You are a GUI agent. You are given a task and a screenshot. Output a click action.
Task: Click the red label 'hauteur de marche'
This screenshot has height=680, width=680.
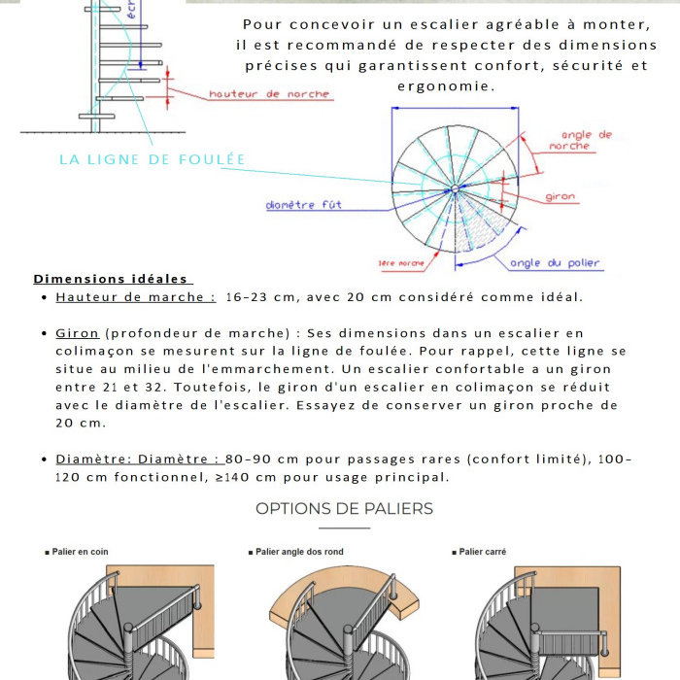(269, 94)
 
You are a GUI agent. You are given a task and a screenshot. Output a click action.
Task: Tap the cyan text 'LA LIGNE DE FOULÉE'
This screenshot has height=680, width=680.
(153, 159)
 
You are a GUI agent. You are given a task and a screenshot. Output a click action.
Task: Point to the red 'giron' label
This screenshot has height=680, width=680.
(560, 197)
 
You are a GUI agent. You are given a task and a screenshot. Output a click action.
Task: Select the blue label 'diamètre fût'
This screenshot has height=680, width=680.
(303, 205)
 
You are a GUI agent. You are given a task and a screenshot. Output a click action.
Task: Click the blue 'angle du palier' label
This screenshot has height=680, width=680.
(555, 263)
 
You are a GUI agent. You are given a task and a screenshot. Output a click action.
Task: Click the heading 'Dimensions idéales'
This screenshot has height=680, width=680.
(112, 279)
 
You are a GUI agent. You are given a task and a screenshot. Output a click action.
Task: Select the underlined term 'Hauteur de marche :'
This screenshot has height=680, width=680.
(135, 297)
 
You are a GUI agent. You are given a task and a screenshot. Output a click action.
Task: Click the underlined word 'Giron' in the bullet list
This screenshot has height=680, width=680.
(77, 333)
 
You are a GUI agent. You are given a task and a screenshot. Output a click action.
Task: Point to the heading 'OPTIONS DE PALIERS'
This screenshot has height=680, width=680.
(344, 509)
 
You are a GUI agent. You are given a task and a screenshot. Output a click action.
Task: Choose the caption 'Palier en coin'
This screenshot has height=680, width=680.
(80, 552)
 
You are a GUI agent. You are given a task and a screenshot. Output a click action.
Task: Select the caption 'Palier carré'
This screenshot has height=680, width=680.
(483, 552)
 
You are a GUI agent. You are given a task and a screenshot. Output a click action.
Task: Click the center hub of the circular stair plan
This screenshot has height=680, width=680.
(454, 187)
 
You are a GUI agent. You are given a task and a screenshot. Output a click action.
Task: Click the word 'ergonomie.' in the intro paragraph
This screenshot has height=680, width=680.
(447, 85)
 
